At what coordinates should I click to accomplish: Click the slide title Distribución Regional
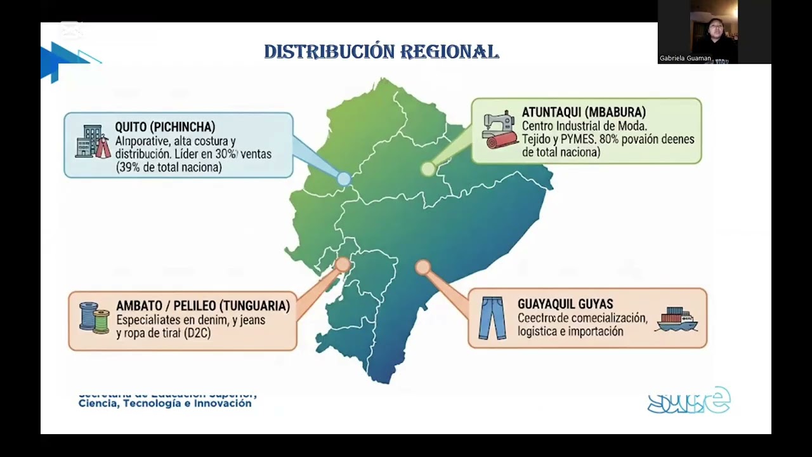tap(381, 52)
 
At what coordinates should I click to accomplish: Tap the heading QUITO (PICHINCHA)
tap(165, 127)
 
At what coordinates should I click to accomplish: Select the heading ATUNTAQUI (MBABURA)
tap(584, 112)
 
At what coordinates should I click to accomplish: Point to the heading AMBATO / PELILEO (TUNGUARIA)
tap(203, 306)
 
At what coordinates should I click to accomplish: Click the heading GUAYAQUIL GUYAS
tap(565, 304)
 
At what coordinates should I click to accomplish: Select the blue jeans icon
tap(492, 318)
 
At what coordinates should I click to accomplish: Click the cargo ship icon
tap(677, 319)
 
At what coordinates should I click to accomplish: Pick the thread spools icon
tap(94, 318)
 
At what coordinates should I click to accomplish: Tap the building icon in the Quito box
tap(93, 142)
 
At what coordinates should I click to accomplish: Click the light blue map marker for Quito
tap(343, 179)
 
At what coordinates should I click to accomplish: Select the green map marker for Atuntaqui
tap(428, 169)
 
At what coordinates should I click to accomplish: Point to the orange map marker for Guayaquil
tap(423, 267)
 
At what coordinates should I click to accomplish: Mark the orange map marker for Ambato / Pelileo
tap(343, 264)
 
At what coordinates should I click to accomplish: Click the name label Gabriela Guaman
tap(685, 58)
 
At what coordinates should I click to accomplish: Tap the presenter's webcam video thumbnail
tap(714, 32)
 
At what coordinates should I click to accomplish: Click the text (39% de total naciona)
tap(169, 168)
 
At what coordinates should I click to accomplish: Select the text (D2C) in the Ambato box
tap(197, 333)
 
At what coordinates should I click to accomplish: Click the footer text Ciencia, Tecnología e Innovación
tap(165, 404)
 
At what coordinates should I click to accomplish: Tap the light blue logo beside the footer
tap(688, 401)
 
